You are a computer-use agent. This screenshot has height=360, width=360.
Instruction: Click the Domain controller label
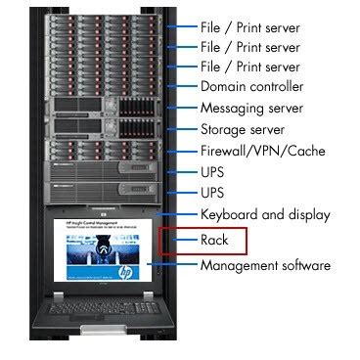[250, 86]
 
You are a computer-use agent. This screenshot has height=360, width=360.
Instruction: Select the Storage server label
[243, 128]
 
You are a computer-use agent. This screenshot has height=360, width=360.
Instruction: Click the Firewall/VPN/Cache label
[263, 150]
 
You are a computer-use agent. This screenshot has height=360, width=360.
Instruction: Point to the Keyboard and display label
[265, 214]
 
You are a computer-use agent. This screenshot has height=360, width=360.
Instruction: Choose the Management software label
[265, 265]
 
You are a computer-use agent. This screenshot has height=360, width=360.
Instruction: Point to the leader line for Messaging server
[181, 107]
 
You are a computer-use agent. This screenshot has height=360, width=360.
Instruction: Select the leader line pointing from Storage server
[181, 128]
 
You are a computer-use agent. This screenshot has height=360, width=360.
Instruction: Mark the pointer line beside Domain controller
[181, 86]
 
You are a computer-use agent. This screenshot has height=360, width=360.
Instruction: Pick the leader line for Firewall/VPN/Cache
[181, 150]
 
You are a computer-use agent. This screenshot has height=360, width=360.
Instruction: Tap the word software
[301, 265]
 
